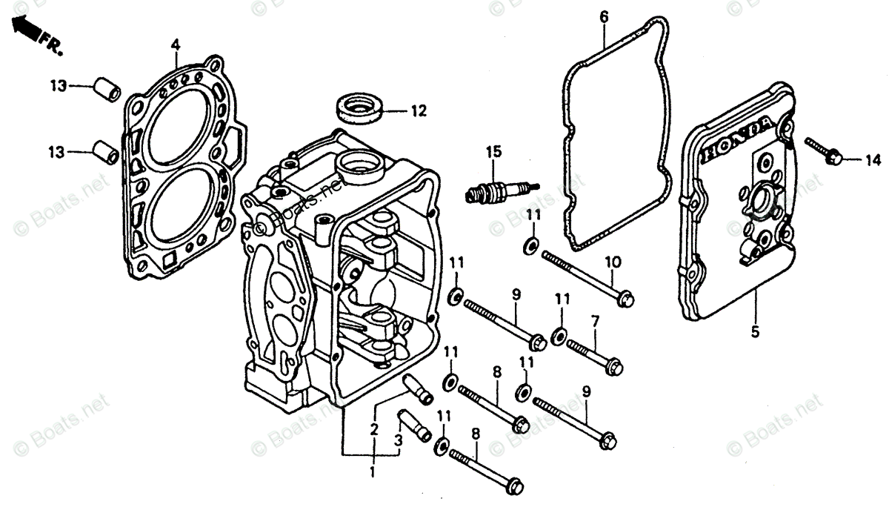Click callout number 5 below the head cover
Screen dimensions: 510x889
755,333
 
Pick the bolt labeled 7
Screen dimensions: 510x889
594,354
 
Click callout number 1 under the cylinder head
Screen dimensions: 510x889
373,471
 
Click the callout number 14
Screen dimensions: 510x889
872,159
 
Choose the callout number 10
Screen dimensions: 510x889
612,261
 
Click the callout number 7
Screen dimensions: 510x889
594,321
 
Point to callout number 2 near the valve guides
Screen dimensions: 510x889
374,428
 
